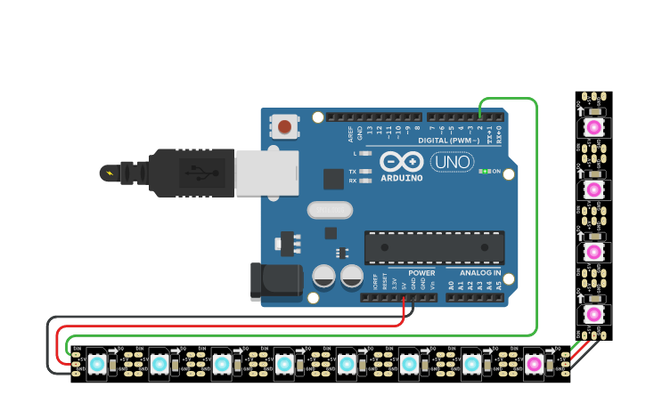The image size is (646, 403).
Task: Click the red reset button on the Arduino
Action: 284,126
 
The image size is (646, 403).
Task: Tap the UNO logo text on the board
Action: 453,162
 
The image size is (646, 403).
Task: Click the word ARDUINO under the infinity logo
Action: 401,178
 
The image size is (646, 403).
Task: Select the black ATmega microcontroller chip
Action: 434,246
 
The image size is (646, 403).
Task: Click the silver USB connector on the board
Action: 266,173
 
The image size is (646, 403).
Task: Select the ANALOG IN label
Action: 479,273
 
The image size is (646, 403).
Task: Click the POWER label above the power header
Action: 421,273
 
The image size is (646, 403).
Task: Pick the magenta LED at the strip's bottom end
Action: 533,364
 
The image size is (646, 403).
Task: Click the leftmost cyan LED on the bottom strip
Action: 96,364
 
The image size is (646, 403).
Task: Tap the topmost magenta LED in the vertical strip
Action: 593,128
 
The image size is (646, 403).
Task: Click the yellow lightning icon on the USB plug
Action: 109,173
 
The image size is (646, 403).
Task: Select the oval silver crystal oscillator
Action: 330,210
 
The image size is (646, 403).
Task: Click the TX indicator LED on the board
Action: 364,171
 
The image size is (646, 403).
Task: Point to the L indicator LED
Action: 364,154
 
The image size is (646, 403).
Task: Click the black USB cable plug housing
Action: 187,173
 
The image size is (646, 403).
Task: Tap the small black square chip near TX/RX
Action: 333,179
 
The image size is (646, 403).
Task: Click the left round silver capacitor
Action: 323,277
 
